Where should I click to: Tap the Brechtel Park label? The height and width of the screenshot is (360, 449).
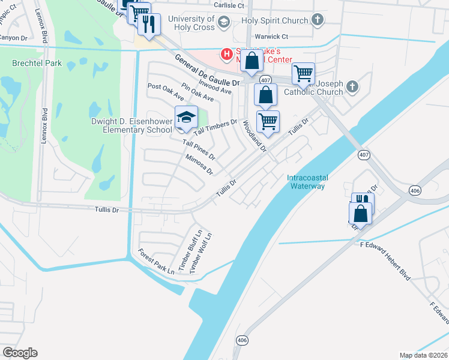tap(37, 63)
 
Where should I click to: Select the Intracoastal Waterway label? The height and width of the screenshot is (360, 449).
tap(306, 182)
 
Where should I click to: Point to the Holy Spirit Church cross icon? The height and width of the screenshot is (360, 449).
tap(318, 20)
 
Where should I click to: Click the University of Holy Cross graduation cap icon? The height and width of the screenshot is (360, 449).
tap(223, 23)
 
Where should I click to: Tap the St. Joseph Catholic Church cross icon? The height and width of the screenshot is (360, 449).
tap(352, 88)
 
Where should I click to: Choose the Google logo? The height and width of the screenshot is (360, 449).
tap(19, 353)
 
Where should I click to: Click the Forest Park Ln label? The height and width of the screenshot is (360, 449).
tap(155, 262)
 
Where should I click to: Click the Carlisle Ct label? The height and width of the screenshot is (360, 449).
tap(230, 5)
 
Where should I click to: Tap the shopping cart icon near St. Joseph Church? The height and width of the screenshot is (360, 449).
tap(303, 74)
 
